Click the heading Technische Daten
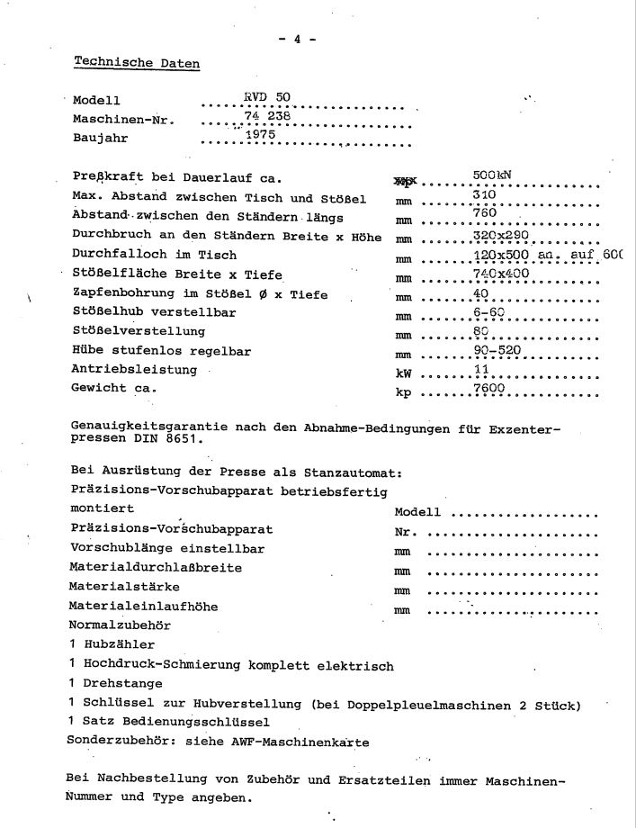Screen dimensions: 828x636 coord(137,62)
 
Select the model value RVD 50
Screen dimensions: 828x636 coord(267,96)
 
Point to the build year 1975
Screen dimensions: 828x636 coord(259,134)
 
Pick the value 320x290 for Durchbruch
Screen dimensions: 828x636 coord(501,235)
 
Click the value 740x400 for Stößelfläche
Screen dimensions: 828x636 coord(501,274)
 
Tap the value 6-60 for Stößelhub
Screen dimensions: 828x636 coord(489,312)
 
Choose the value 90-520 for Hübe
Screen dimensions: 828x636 coord(497,350)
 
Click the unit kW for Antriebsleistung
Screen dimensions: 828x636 coord(402,373)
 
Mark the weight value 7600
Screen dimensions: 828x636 coord(488,388)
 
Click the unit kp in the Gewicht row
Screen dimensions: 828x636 coord(402,392)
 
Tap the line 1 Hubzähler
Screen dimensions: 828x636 coord(112,644)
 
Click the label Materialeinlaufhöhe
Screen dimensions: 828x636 coord(143,606)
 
